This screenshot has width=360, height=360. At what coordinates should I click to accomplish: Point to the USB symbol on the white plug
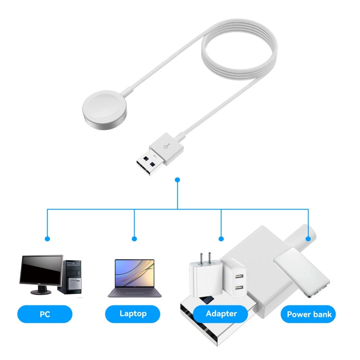point(166,146)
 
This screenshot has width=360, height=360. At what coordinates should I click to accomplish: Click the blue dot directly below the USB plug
point(177,179)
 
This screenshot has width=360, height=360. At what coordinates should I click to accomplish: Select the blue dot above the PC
point(47,239)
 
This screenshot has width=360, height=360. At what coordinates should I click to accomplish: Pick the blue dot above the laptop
point(134,239)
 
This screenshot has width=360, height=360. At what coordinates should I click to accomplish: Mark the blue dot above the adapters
point(221,239)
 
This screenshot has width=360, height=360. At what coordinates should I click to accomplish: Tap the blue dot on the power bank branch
point(308,239)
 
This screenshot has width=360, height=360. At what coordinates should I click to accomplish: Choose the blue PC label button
point(45,314)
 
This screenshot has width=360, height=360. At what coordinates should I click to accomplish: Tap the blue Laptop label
point(133,314)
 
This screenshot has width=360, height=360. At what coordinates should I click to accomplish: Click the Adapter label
point(221,314)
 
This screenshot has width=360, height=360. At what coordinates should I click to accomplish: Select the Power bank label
point(309,314)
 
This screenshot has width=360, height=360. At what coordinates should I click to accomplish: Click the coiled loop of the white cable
point(239,50)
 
